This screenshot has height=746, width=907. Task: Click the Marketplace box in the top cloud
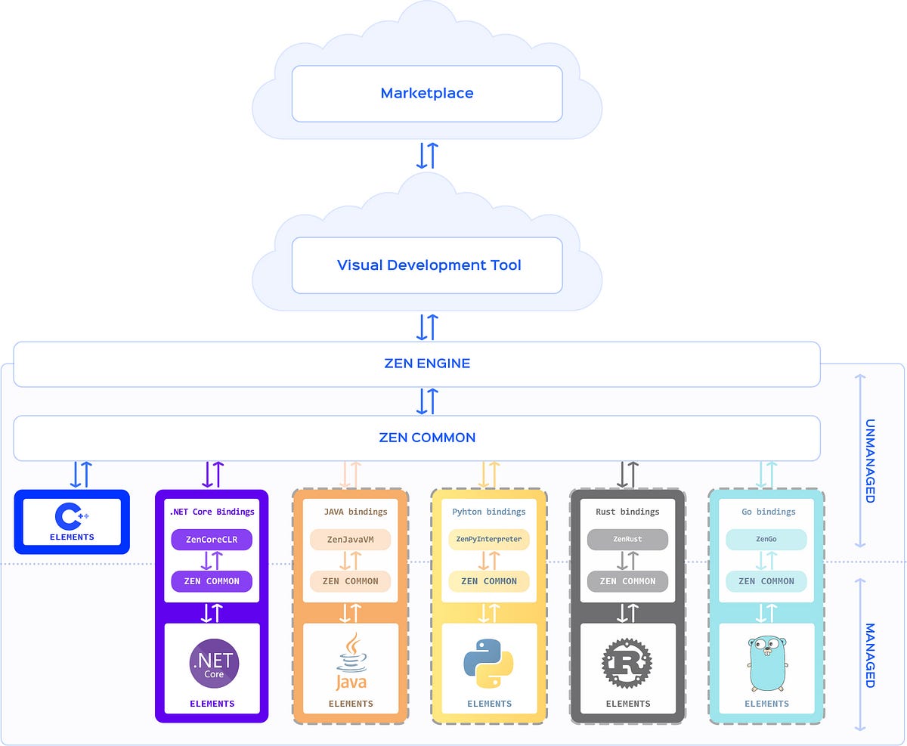coord(427,94)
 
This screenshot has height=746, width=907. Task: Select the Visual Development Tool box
coord(427,265)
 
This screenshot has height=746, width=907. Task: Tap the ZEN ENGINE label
coord(427,364)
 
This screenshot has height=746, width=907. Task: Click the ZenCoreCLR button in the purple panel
coord(212,540)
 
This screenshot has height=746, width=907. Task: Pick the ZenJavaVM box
coord(350,540)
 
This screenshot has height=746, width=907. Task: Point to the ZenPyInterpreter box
coord(489,540)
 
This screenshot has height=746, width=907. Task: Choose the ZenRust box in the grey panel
coord(627,540)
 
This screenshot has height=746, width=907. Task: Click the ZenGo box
coord(766,540)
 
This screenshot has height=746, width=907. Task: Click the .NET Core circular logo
coord(213,663)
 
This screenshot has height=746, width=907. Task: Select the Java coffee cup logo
coord(351,661)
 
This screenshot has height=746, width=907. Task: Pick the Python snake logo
coord(488,663)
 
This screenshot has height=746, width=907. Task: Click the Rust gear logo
coord(627,663)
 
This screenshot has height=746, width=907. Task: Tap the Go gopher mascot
coord(766,663)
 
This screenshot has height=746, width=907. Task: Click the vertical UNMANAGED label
coord(869,460)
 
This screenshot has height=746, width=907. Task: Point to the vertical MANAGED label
coord(869,655)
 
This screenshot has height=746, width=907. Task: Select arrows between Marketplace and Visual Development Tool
coord(427,155)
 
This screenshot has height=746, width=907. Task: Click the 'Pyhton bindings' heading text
coord(489,512)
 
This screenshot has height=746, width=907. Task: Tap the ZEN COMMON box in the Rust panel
coord(627,581)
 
